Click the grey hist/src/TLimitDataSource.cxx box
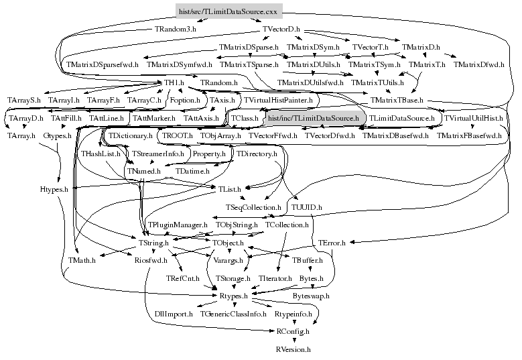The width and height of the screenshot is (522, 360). tap(227, 11)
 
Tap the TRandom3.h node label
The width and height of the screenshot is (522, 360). tap(176, 29)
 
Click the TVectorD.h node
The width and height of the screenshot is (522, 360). tap(281, 29)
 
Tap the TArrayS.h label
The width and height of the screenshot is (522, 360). tap(24, 100)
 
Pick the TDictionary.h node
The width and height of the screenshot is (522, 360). tap(131, 135)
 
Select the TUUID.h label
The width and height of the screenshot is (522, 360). tap(307, 207)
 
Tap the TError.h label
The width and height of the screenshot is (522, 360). tap(332, 242)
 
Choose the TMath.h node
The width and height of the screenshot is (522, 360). tap(82, 260)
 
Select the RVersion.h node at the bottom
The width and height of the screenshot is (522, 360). tap(293, 349)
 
